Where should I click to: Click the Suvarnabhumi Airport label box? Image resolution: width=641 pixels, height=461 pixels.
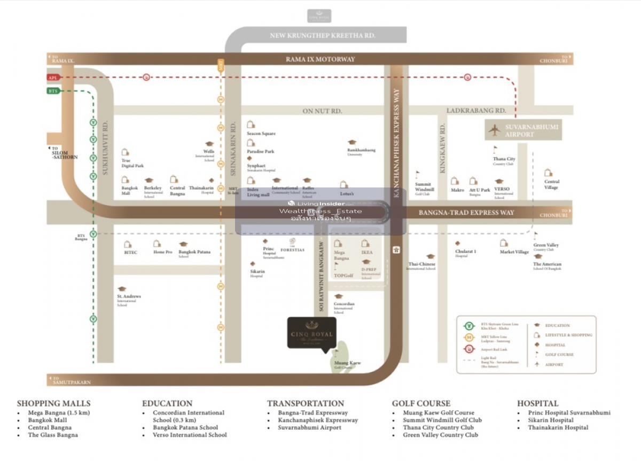pos(523,130)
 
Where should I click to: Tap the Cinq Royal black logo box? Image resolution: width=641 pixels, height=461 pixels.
pos(312,332)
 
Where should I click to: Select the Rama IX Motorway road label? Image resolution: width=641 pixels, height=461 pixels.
pos(320,59)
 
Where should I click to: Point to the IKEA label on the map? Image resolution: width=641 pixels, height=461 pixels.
pos(366,252)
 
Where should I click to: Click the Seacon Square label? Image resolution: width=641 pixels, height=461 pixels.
pos(261,134)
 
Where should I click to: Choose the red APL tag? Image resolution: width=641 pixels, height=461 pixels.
pos(52,77)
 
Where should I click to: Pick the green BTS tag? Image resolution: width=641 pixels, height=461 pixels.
pos(52,91)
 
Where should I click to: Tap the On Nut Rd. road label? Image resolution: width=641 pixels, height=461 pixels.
pos(322,111)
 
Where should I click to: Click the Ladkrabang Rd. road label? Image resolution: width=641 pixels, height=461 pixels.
pos(476,111)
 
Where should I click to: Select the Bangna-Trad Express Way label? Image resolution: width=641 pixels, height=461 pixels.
pos(466,213)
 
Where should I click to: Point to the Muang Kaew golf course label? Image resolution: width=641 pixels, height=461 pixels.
pos(347,363)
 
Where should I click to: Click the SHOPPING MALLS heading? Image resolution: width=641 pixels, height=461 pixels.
pos(53,403)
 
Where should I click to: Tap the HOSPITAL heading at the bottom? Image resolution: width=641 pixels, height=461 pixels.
pos(537,403)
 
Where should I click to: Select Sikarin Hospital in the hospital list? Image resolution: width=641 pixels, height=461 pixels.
pos(551,420)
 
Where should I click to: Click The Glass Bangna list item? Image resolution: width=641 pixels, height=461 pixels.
pos(53,435)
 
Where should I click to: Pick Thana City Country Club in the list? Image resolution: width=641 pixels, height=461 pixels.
pos(438,427)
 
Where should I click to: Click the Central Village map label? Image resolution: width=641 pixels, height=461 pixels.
pos(551,185)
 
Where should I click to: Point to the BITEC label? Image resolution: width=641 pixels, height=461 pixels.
pos(130,252)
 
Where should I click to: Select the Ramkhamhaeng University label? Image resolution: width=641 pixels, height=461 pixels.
pos(361,151)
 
